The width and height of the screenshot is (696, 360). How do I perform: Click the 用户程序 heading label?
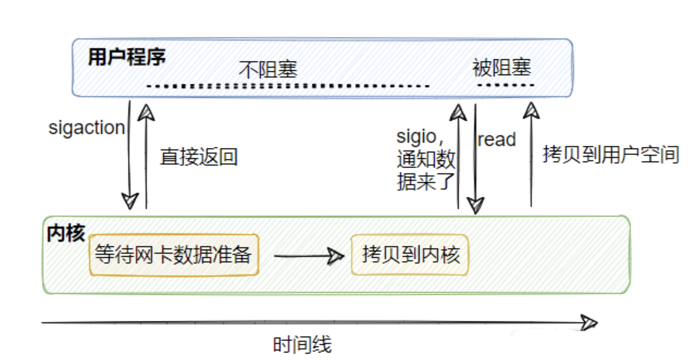pyautogui.click(x=126, y=58)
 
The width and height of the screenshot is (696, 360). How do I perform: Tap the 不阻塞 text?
pyautogui.click(x=269, y=70)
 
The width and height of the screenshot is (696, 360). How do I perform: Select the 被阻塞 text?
pyautogui.click(x=501, y=69)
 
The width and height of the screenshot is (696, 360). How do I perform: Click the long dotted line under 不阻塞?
pyautogui.click(x=288, y=86)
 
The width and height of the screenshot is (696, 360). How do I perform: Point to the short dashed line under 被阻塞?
pyautogui.click(x=505, y=85)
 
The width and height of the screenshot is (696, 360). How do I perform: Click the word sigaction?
pyautogui.click(x=87, y=128)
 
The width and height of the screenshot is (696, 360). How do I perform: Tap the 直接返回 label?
pyautogui.click(x=199, y=157)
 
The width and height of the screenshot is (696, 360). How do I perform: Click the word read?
pyautogui.click(x=496, y=140)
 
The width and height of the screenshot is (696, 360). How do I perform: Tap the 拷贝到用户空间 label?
pyautogui.click(x=611, y=155)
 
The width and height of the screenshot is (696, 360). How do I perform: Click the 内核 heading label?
pyautogui.click(x=66, y=233)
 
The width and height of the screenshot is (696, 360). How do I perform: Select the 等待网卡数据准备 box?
pyautogui.click(x=173, y=255)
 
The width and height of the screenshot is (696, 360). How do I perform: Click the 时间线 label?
pyautogui.click(x=302, y=345)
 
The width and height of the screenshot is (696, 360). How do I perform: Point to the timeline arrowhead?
pyautogui.click(x=589, y=322)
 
